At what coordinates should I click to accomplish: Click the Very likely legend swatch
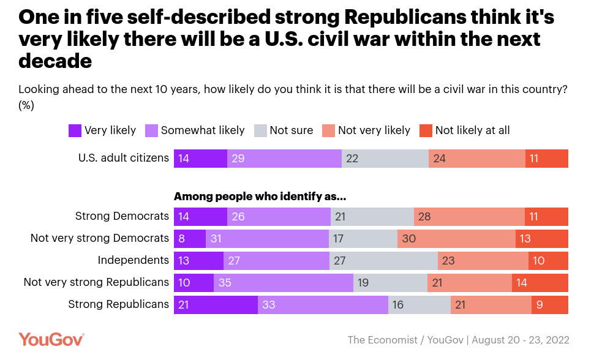[75, 130]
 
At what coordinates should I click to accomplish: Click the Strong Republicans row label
[118, 304]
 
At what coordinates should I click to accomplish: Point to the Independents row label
[133, 260]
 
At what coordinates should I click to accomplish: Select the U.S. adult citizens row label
[123, 158]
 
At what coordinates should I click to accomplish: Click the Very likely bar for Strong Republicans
[216, 305]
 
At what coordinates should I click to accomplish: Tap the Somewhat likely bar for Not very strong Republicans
[284, 283]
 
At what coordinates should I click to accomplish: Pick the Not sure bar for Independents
[383, 261]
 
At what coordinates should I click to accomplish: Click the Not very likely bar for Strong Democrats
[469, 217]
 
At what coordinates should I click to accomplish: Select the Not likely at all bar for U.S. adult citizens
[547, 159]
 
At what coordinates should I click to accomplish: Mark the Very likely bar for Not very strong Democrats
[190, 239]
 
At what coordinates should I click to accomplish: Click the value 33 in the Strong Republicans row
[269, 305]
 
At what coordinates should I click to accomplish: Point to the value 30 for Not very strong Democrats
[409, 239]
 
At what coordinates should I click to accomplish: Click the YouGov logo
[51, 339]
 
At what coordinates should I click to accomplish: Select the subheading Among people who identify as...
[260, 197]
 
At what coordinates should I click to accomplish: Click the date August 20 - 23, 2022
[521, 340]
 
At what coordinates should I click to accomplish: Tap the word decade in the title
[55, 61]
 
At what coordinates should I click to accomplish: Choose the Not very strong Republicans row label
[96, 282]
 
